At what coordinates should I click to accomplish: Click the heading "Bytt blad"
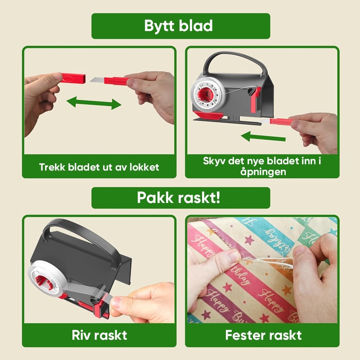pyautogui.click(x=178, y=26)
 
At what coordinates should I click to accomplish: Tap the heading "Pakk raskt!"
pyautogui.click(x=178, y=198)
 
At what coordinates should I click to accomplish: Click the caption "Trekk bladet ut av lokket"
pyautogui.click(x=99, y=167)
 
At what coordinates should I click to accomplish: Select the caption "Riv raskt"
pyautogui.click(x=99, y=335)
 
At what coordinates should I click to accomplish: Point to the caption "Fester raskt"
pyautogui.click(x=263, y=335)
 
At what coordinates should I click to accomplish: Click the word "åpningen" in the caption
pyautogui.click(x=263, y=172)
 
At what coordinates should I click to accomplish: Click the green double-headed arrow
pyautogui.click(x=94, y=103)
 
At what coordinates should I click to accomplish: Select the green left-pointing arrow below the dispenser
pyautogui.click(x=263, y=137)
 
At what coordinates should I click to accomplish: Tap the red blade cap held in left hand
pyautogui.click(x=73, y=78)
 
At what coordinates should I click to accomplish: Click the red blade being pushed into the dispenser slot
pyautogui.click(x=281, y=121)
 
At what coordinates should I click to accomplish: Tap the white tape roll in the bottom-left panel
pyautogui.click(x=47, y=278)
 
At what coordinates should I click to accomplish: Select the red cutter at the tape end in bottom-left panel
pyautogui.click(x=99, y=308)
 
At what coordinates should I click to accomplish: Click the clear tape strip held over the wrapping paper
pyautogui.click(x=266, y=262)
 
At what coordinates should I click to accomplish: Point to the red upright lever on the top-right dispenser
pyautogui.click(x=255, y=99)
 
